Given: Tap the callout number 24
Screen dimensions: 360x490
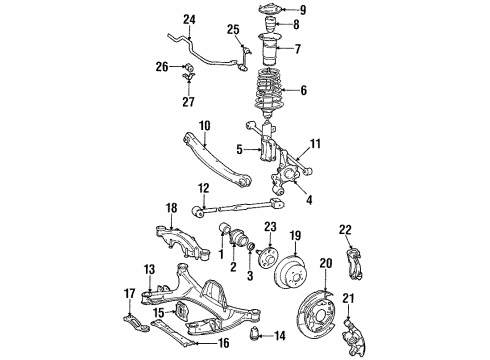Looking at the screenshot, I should click(x=190, y=18).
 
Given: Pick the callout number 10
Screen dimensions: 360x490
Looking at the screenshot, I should click(x=203, y=127).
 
